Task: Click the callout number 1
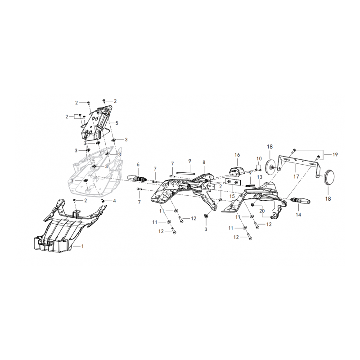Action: click(x=83, y=246)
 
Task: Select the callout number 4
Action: click(x=114, y=201)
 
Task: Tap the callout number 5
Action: click(x=117, y=123)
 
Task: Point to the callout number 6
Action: click(x=138, y=164)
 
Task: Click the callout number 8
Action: click(x=204, y=162)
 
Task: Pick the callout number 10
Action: click(x=259, y=158)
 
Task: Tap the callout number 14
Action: click(x=298, y=215)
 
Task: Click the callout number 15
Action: click(x=232, y=196)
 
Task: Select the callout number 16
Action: click(x=237, y=155)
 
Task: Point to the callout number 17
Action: click(x=296, y=176)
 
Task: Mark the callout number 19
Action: click(x=335, y=154)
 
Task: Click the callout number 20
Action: click(x=262, y=211)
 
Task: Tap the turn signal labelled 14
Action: click(x=300, y=201)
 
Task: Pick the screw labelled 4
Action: click(x=103, y=201)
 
